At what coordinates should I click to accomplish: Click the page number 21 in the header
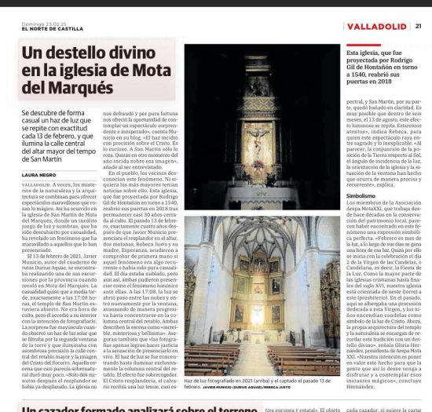pyautogui.click(x=419, y=26)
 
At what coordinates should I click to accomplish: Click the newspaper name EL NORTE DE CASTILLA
pyautogui.click(x=36, y=30)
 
